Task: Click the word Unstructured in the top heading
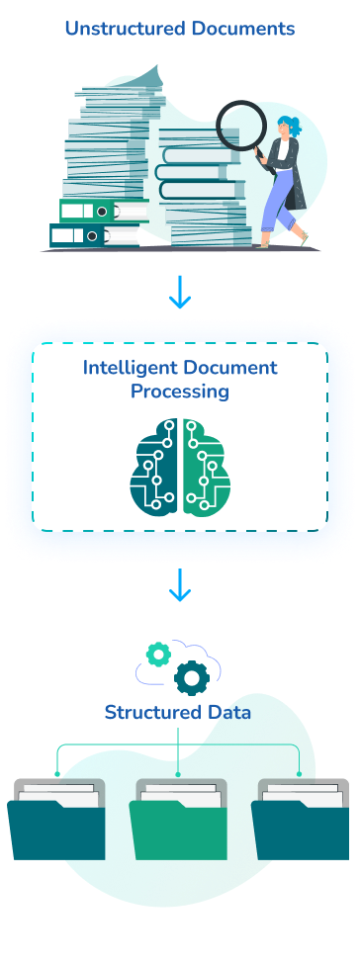point(117,30)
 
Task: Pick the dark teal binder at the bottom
point(77,235)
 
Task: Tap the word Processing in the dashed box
point(180,392)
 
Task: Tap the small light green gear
point(157,654)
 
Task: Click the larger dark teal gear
point(190,678)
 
